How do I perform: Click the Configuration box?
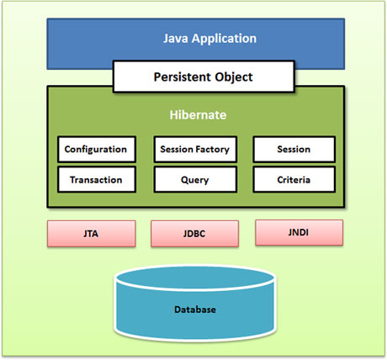(97, 149)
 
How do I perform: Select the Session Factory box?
(195, 149)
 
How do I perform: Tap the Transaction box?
(97, 179)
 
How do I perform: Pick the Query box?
(195, 179)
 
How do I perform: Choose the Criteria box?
(294, 179)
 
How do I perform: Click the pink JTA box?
(92, 234)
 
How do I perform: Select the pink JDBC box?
(195, 234)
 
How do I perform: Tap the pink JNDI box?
(299, 232)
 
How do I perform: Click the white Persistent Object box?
(204, 77)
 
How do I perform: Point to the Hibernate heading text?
(198, 115)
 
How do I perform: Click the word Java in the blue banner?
(176, 39)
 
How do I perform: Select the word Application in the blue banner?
(224, 39)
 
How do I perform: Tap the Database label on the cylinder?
(195, 310)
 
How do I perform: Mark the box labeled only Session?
(294, 149)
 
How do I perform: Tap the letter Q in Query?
(185, 180)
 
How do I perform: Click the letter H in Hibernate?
(173, 115)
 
